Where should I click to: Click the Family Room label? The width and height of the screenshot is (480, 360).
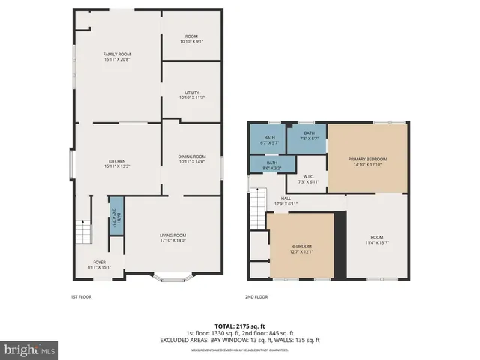click(117, 57)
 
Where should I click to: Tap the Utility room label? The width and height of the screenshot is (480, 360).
click(192, 94)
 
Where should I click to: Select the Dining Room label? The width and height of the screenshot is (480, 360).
click(192, 159)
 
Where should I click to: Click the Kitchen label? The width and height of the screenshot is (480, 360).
click(117, 164)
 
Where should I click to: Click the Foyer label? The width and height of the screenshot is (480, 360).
click(100, 264)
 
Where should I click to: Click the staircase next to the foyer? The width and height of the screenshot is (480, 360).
click(80, 234)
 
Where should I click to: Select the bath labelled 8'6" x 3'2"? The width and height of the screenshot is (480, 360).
click(271, 165)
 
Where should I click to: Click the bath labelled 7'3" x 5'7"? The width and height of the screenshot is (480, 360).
click(309, 136)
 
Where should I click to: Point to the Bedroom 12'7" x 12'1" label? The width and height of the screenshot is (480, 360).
click(301, 249)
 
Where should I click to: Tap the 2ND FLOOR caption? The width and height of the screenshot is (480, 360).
click(256, 297)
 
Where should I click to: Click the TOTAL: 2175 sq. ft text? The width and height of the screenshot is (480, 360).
click(239, 326)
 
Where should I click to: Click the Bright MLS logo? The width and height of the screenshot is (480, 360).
click(30, 349)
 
